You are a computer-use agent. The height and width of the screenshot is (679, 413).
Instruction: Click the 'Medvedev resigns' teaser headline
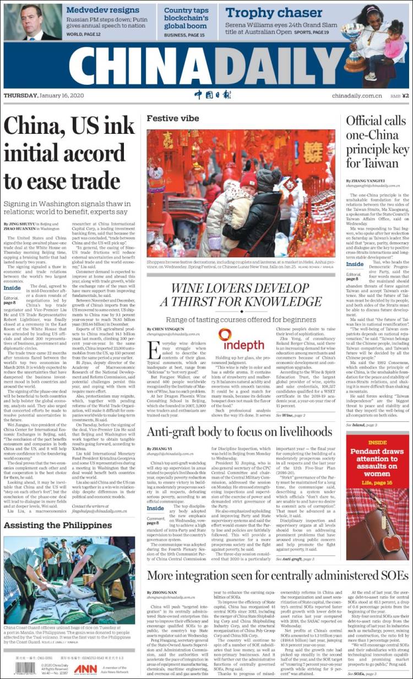[x=103, y=10]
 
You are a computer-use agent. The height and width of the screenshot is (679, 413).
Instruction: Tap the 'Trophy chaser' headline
[x=274, y=13]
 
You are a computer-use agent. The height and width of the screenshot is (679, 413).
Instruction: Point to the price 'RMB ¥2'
[x=399, y=95]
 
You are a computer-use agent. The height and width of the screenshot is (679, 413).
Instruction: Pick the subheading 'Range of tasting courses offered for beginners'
[x=241, y=319]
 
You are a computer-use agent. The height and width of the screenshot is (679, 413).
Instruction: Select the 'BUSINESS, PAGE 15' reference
[x=184, y=35]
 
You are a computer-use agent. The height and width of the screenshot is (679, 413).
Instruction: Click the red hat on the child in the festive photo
[x=249, y=180]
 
